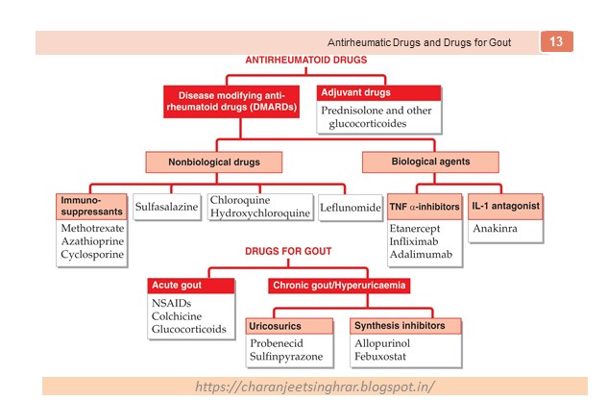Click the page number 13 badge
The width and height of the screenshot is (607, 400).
[x=557, y=42]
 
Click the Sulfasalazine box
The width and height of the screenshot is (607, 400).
[x=166, y=206]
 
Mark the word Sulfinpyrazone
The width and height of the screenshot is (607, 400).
[x=292, y=357]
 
